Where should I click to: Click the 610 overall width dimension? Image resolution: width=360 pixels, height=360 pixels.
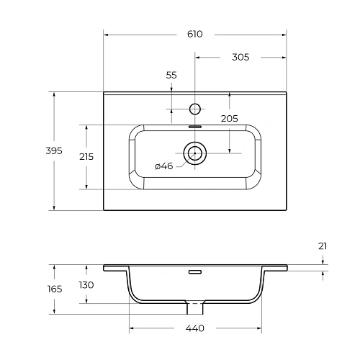[194, 34]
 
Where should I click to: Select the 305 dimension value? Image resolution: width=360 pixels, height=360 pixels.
[240, 58]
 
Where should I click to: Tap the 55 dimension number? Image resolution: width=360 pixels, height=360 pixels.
[171, 75]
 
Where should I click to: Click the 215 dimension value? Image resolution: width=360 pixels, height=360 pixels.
[86, 156]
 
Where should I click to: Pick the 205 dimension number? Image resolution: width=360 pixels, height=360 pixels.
[229, 119]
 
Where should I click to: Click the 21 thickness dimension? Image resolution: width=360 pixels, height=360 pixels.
[323, 246]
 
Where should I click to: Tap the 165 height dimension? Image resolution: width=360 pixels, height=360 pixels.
[55, 289]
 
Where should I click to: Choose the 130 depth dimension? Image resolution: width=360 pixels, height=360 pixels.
[86, 284]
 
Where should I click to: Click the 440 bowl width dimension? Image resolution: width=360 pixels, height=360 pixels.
[194, 329]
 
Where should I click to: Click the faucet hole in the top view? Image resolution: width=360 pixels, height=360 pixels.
[194, 109]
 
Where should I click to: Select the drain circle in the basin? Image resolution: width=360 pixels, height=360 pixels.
[194, 153]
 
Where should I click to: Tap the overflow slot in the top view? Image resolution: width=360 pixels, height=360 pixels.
[194, 126]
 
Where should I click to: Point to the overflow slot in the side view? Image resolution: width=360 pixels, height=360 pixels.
[194, 272]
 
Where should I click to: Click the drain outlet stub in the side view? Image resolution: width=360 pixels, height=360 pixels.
[194, 307]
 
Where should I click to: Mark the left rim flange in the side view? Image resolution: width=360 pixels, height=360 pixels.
[116, 268]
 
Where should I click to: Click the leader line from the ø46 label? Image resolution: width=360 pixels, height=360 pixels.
[180, 162]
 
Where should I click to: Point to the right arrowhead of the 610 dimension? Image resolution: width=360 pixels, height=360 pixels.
[283, 34]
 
